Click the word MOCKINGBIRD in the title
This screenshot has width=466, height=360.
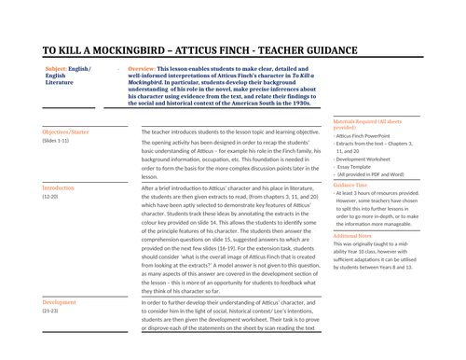coord(130,53)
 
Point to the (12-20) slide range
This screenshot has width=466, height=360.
coord(50,197)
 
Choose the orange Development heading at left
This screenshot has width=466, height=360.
coord(60,302)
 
